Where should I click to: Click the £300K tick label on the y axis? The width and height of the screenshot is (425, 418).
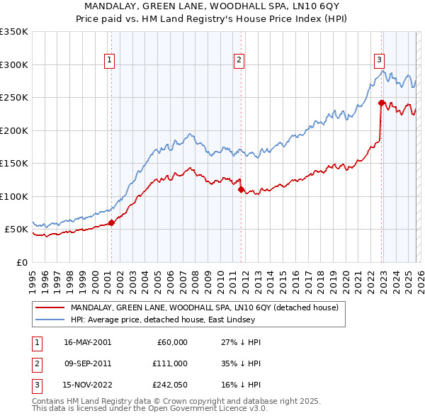[14, 64]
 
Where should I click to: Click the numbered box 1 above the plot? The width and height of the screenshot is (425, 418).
[110, 61]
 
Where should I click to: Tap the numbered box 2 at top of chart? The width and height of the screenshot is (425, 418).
[239, 61]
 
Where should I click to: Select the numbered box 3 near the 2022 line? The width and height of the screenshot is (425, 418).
[380, 61]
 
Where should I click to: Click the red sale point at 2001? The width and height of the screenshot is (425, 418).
[111, 222]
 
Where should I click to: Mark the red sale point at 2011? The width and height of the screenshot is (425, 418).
[242, 189]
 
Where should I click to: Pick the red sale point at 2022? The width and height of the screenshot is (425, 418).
[381, 103]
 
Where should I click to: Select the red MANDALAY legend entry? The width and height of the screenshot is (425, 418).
[205, 307]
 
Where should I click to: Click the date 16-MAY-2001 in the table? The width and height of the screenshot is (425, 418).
[88, 342]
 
